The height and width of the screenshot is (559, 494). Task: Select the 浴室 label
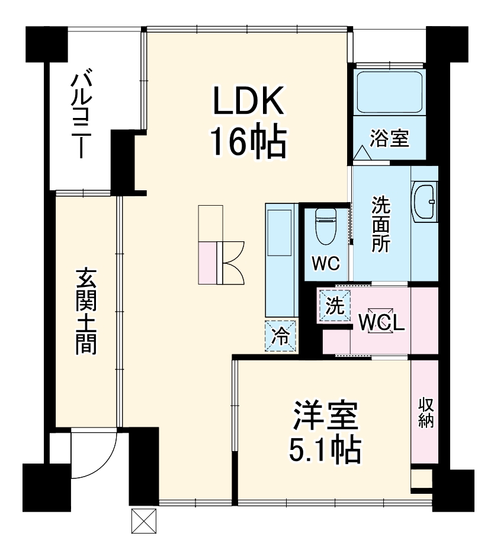(389, 139)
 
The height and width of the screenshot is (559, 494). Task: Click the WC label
(326, 264)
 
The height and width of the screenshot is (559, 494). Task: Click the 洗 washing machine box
(335, 306)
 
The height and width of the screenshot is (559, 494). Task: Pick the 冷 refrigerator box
(281, 337)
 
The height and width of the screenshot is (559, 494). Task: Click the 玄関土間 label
(86, 311)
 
